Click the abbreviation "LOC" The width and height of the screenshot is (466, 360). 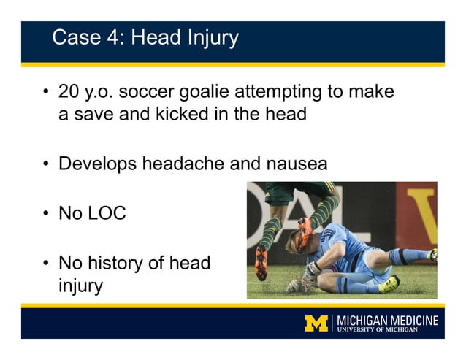click(107, 213)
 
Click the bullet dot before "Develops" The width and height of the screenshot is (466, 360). click(46, 164)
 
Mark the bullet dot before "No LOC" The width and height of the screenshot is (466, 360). click(46, 214)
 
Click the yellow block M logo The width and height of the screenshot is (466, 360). click(316, 323)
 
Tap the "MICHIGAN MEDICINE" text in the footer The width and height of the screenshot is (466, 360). click(387, 319)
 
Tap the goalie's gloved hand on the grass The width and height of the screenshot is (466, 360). click(295, 286)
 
